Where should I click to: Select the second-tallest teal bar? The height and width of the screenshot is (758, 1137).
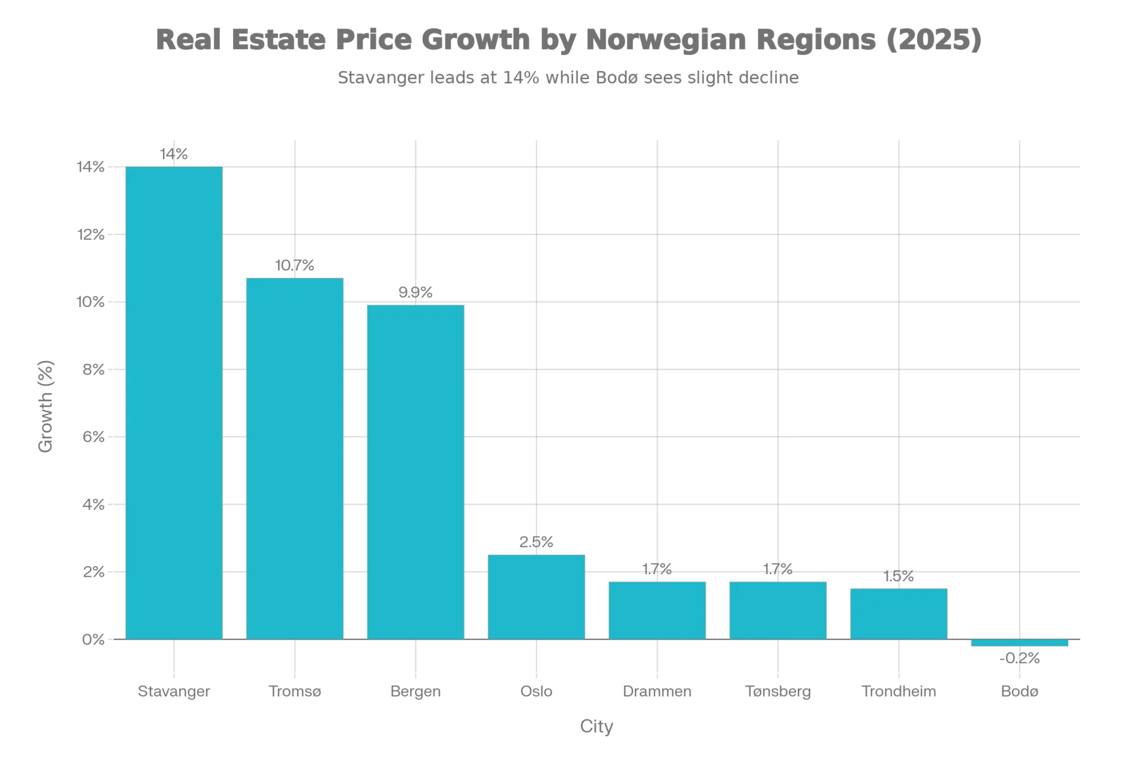295,458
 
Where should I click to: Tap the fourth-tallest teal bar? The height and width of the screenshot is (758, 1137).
536,596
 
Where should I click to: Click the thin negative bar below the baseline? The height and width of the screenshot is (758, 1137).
1020,643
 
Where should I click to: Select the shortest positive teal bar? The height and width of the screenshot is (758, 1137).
899,613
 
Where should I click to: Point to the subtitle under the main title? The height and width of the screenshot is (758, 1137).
568,78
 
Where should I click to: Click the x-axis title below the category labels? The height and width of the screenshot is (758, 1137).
596,727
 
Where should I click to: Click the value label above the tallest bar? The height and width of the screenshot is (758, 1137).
174,155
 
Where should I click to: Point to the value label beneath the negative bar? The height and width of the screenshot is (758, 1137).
1018,661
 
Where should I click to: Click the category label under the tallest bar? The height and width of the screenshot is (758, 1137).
174,690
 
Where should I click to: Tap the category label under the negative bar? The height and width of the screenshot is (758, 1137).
1020,690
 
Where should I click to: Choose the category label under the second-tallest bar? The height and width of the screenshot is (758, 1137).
295,690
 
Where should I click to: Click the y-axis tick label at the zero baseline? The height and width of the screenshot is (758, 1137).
91,640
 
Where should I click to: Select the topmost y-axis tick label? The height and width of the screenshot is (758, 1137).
91,168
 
